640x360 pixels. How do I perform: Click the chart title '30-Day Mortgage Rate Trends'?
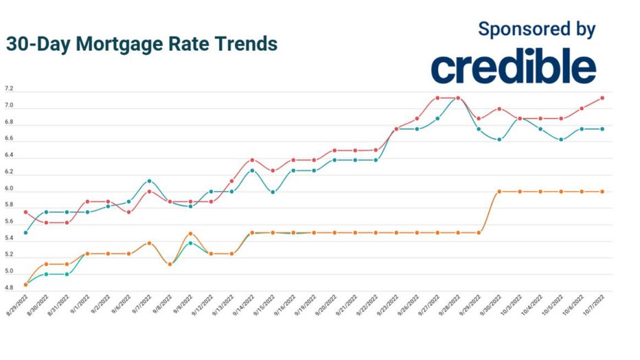click(141, 44)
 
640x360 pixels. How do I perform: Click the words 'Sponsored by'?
click(536, 29)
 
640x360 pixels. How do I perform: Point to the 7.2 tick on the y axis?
click(9, 89)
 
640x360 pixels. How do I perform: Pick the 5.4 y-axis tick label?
click(9, 240)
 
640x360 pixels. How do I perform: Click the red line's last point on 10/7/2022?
click(602, 98)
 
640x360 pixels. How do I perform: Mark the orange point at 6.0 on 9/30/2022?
click(499, 192)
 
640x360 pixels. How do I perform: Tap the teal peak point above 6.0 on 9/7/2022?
click(149, 181)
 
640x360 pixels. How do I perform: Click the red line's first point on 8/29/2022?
click(26, 212)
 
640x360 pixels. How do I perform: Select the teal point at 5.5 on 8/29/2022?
click(26, 233)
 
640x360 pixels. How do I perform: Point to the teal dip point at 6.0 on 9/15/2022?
click(273, 192)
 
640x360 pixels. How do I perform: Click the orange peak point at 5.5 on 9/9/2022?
click(190, 234)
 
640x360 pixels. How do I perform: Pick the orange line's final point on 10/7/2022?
click(602, 192)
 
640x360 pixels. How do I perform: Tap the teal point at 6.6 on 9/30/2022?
click(499, 139)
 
